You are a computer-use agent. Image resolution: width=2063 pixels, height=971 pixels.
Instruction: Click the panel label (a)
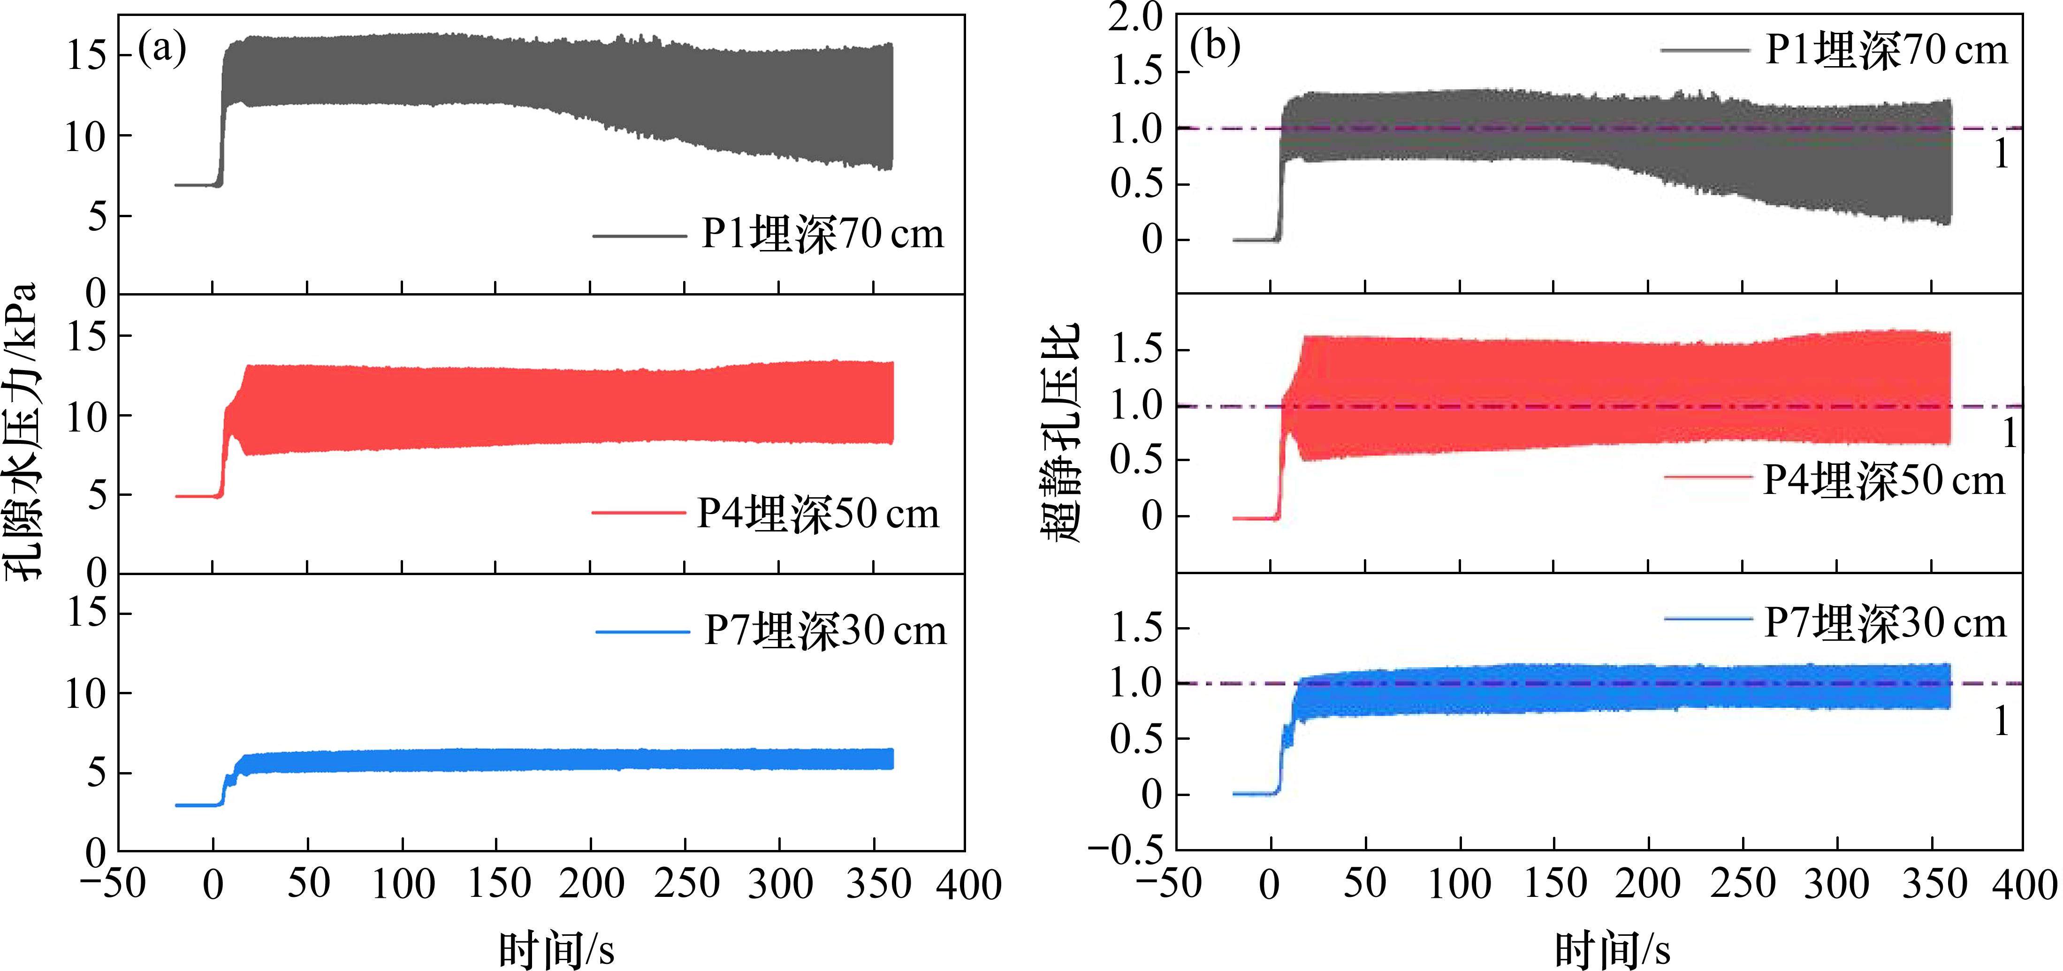click(163, 50)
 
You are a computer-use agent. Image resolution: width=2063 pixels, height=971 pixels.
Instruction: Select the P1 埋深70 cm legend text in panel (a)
click(822, 235)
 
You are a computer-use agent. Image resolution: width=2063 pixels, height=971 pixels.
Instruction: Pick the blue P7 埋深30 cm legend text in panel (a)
click(825, 631)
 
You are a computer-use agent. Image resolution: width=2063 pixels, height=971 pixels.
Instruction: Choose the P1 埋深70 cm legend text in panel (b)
click(1887, 51)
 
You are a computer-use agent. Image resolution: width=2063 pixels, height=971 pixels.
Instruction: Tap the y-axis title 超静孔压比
click(1062, 433)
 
